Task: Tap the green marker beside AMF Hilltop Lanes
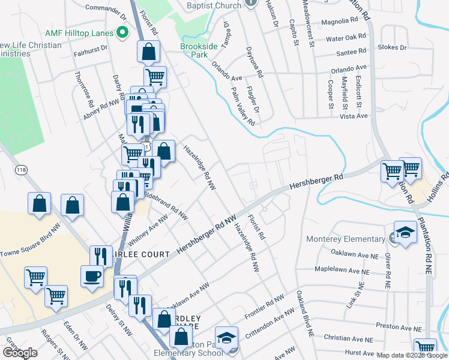[123, 32]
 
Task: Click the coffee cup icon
[92, 276]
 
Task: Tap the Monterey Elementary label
[345, 239]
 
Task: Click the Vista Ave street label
[354, 115]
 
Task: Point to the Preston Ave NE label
[399, 326]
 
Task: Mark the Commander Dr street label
[106, 8]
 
